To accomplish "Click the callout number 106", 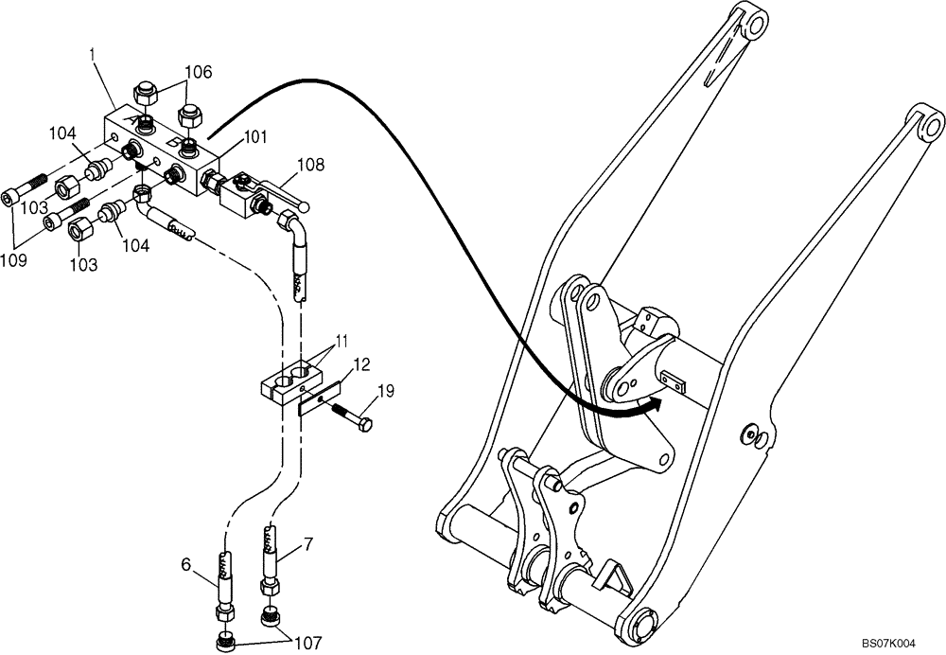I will click(x=198, y=71).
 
